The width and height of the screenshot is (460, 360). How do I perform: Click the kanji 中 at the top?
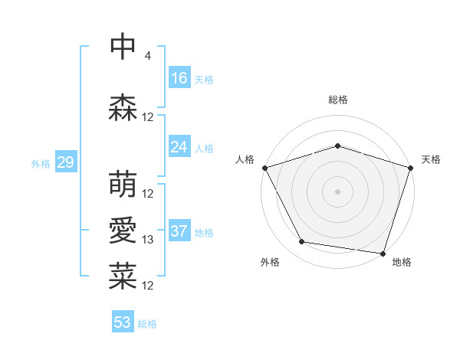click(x=123, y=46)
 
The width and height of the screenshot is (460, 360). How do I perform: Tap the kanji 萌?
click(x=123, y=185)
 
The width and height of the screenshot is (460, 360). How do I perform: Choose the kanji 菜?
click(x=123, y=277)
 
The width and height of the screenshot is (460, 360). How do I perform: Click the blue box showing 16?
click(x=179, y=77)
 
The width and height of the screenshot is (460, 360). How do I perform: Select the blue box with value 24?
click(x=179, y=146)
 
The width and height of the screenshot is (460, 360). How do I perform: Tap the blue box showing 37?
click(x=179, y=231)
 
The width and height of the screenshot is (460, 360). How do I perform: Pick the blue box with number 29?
click(x=65, y=162)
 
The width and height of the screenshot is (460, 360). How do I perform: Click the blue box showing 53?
click(x=123, y=322)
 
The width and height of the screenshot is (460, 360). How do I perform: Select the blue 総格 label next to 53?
click(x=148, y=324)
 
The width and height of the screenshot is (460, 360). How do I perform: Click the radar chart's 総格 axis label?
click(x=337, y=100)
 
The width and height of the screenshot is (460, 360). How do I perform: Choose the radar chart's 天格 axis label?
click(x=432, y=159)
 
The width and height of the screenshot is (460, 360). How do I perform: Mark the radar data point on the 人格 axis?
click(x=264, y=168)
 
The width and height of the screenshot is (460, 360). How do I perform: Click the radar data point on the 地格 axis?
click(x=383, y=253)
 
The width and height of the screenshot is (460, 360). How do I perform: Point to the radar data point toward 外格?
click(x=302, y=242)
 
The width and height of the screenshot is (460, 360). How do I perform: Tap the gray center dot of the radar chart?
click(x=337, y=191)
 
